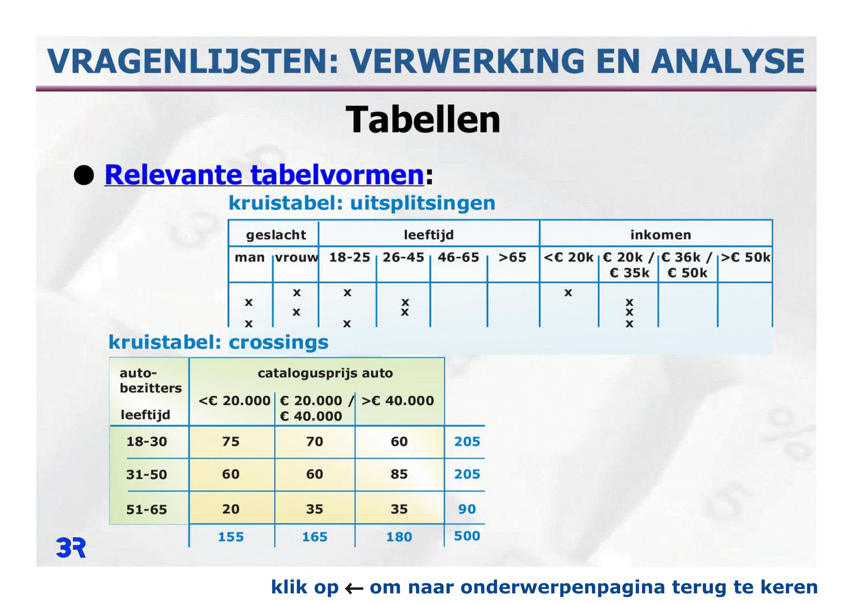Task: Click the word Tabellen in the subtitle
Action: click(423, 119)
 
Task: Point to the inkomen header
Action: click(661, 235)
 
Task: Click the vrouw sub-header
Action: click(296, 257)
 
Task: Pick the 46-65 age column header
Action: click(458, 257)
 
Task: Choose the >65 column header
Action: click(512, 257)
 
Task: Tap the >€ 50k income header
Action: click(746, 257)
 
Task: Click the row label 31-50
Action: click(147, 475)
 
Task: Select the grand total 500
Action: click(467, 536)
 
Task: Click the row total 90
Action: click(467, 509)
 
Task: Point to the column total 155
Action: click(231, 537)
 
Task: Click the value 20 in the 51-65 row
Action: click(231, 509)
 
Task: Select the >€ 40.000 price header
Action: click(397, 401)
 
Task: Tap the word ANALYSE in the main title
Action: click(728, 61)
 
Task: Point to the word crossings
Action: click(279, 343)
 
